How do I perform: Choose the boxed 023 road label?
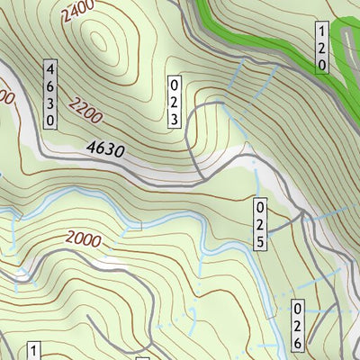coord(175,102)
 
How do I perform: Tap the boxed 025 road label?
coord(260,225)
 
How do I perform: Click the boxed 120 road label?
coord(321,49)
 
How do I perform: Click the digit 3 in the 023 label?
coord(175,118)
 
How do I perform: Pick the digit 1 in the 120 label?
coord(321,33)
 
